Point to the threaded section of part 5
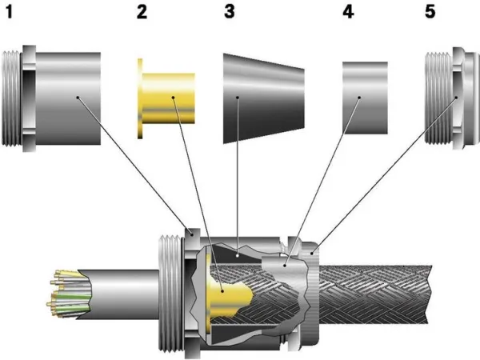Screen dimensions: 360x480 click(438, 98)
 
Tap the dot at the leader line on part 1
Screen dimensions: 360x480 click(77, 98)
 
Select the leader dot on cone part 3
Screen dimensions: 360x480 click(238, 98)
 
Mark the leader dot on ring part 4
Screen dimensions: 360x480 click(359, 98)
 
